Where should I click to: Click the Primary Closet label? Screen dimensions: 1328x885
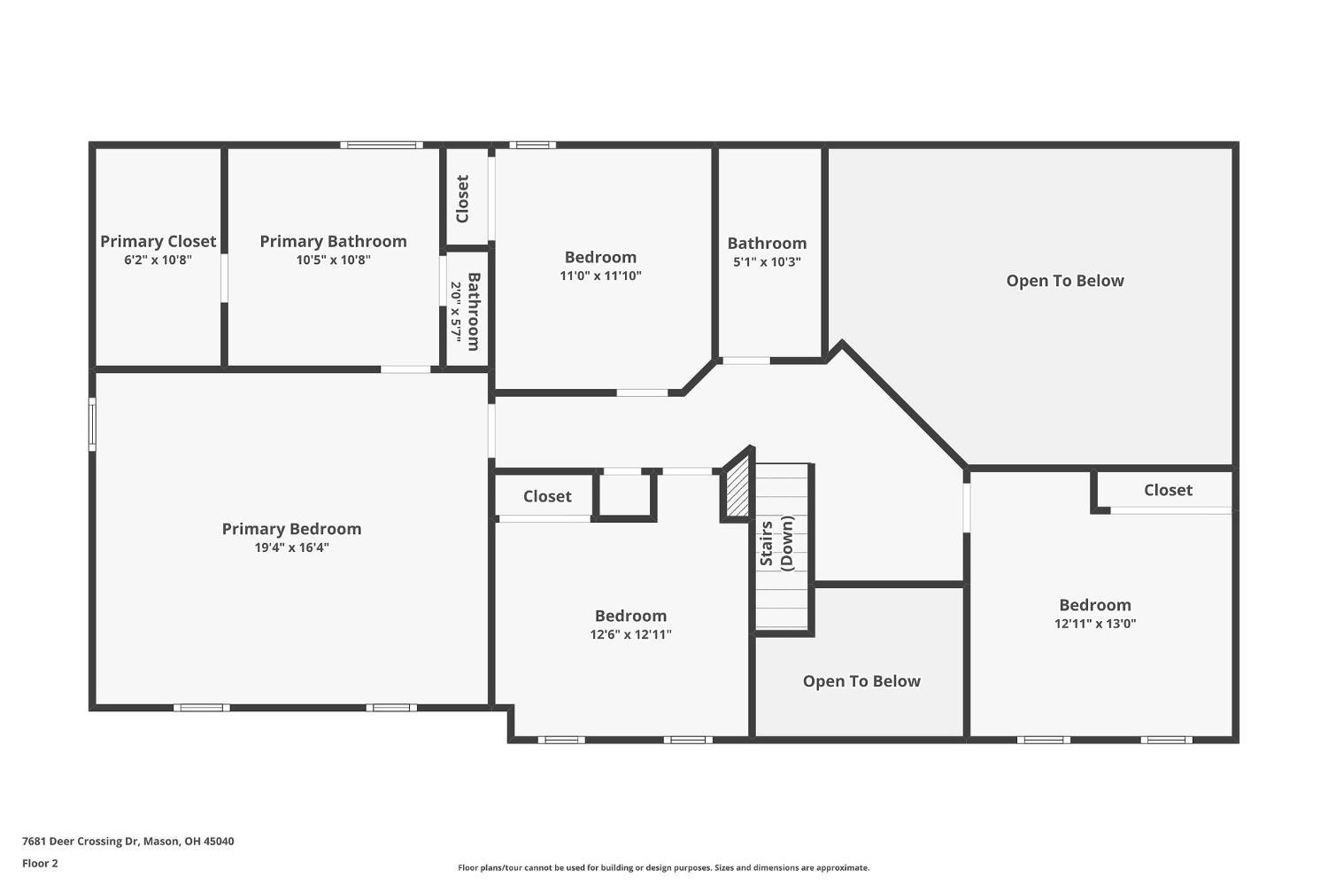(158, 242)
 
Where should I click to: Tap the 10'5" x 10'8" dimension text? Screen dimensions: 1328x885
(333, 260)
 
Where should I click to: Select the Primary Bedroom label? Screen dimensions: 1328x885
(291, 529)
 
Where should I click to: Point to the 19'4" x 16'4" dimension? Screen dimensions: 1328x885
(291, 547)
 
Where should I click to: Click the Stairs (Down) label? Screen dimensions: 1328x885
(776, 543)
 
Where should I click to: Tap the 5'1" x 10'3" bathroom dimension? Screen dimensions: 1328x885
(768, 261)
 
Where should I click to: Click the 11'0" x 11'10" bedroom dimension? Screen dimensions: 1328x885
(600, 276)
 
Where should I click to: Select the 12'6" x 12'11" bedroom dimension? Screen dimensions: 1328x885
(630, 634)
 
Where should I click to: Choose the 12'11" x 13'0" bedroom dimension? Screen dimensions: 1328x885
(1095, 624)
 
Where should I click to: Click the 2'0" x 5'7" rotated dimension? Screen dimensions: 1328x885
(456, 312)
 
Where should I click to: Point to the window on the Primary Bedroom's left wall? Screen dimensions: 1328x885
(92, 424)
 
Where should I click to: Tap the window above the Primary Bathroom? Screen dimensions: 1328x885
(382, 144)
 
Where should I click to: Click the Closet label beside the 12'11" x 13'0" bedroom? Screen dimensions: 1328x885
(1168, 490)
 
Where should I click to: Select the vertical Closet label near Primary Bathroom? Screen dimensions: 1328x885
(462, 198)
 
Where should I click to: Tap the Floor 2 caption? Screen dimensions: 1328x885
(41, 863)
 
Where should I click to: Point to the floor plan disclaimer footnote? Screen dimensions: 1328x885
(663, 868)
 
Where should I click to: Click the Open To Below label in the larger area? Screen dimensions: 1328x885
(1065, 281)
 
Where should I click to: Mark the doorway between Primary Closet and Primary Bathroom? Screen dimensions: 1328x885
(224, 278)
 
